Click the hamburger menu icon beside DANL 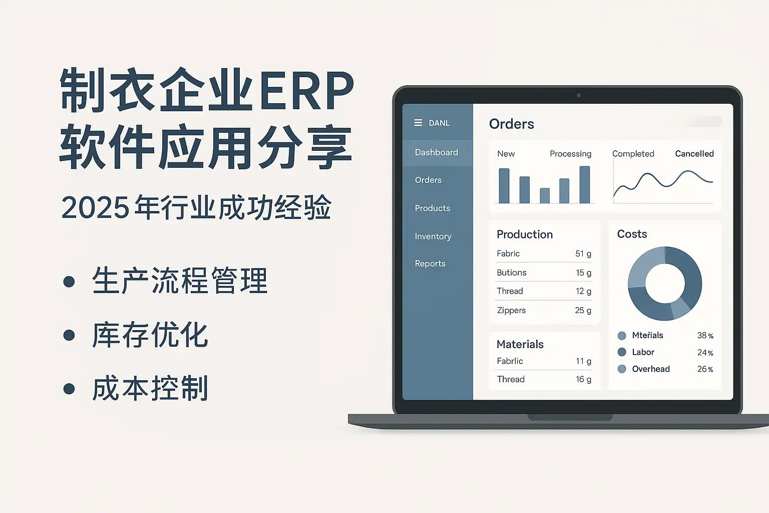tap(418, 123)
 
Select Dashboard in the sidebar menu tap(437, 152)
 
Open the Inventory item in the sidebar tap(433, 236)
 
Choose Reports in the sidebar tap(430, 264)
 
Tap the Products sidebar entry tap(432, 208)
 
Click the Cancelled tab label tap(694, 154)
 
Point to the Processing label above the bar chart tap(570, 154)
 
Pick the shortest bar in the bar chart tap(545, 195)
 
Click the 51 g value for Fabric tap(583, 253)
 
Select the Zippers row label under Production tap(511, 310)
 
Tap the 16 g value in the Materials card tap(583, 379)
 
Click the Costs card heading tap(632, 234)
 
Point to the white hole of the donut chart tap(665, 284)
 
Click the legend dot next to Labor tap(622, 352)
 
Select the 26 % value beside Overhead tap(705, 369)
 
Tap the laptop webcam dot tap(579, 96)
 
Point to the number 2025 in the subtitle tap(96, 207)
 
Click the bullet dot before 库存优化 tap(69, 335)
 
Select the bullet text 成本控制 tap(150, 388)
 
